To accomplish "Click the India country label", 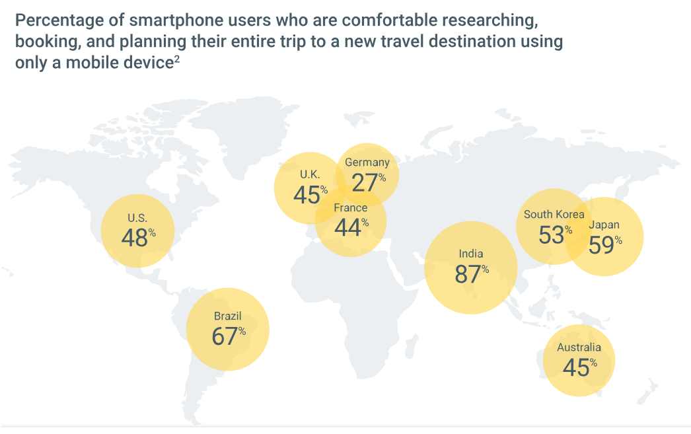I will [471, 254].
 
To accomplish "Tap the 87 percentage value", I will [468, 274].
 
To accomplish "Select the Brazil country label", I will [228, 316].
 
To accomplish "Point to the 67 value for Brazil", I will [225, 336].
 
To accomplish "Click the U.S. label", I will [137, 217].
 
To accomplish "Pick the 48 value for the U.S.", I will [135, 238].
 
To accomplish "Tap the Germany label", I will [367, 163].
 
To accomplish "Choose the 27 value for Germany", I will [365, 182].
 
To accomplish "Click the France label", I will [351, 208].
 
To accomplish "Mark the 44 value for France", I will [347, 228].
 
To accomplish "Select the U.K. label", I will [310, 174].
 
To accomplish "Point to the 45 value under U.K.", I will [307, 195].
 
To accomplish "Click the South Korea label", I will [554, 215].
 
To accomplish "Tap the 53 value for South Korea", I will [551, 235].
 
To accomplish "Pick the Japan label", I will [604, 225].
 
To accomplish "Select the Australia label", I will [579, 347].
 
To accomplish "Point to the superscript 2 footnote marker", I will [178, 60].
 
